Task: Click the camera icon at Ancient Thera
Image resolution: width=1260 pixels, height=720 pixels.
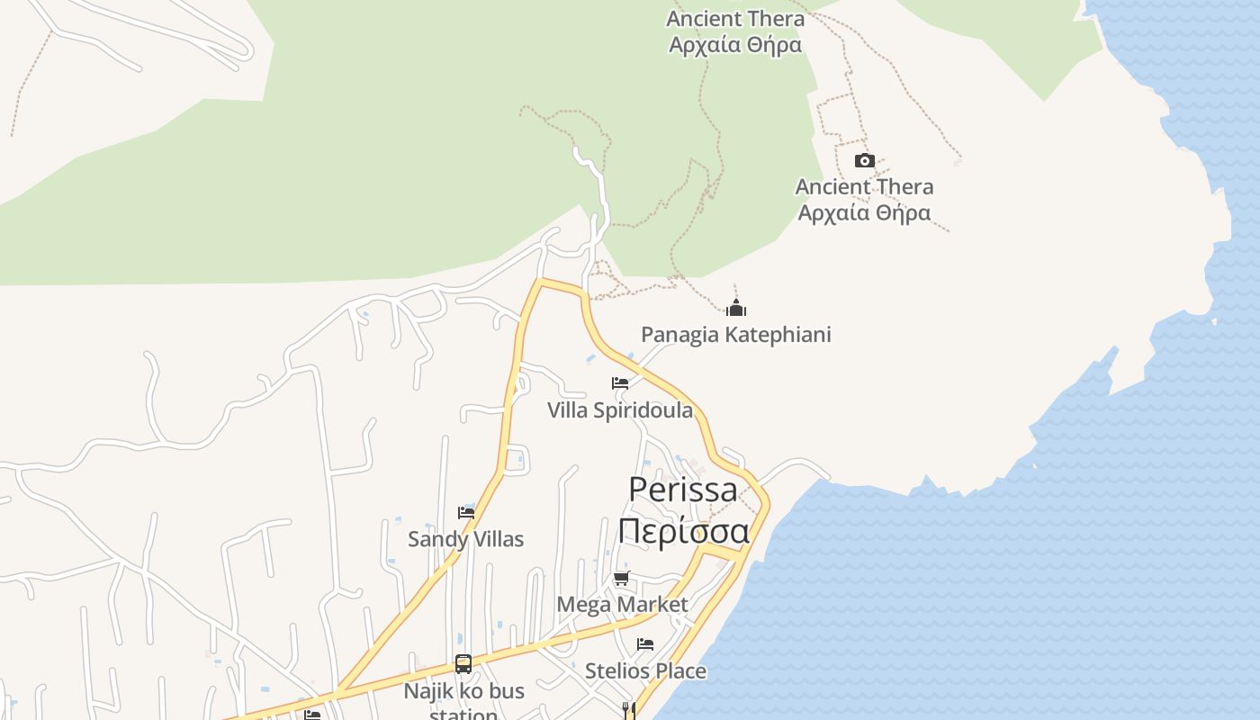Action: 864,161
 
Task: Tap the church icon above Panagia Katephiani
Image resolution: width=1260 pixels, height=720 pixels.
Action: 736,309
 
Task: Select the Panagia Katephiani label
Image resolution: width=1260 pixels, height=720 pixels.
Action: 735,335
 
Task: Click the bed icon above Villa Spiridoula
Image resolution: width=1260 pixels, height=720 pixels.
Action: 619,383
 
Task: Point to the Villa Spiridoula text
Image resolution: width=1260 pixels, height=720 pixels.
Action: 620,410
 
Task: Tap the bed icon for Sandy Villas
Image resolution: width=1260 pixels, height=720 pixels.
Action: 465,513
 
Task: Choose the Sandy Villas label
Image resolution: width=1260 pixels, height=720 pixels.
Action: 465,539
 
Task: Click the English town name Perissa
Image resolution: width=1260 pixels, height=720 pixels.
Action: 683,490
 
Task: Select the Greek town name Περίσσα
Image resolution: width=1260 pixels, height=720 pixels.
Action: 683,531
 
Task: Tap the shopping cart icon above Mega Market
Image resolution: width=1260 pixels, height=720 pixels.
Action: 621,578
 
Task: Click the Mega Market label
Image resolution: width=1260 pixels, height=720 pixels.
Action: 622,604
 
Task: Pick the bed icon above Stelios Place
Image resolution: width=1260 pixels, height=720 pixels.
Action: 644,644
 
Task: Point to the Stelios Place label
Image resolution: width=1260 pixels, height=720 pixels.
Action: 645,670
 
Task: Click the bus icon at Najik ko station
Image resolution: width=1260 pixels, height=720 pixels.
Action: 463,664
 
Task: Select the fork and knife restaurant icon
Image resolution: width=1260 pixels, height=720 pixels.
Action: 629,711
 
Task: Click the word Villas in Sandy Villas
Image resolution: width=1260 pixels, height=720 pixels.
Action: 495,539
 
